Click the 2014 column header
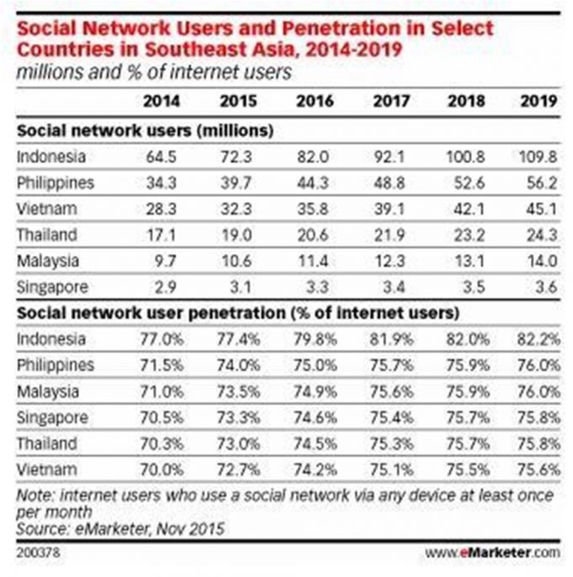[x=160, y=101]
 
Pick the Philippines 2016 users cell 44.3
[x=315, y=182]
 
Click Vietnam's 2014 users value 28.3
[x=160, y=208]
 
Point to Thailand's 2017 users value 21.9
[x=390, y=234]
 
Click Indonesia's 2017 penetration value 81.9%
[x=389, y=339]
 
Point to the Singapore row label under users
[x=51, y=286]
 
